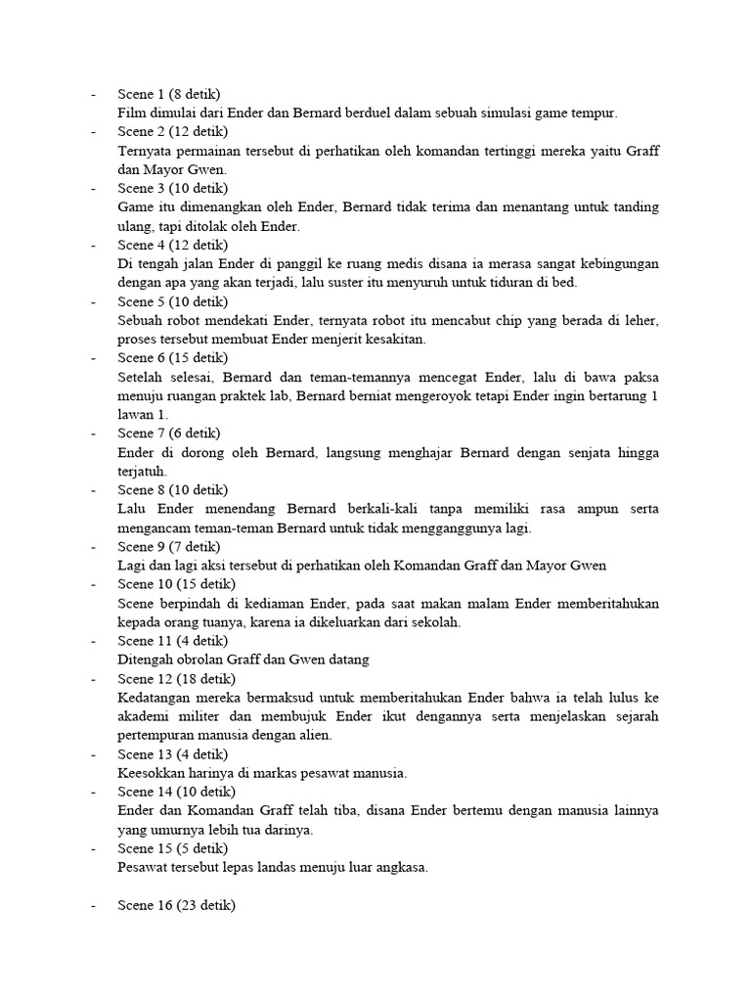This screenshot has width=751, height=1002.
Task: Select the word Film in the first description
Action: [x=130, y=114]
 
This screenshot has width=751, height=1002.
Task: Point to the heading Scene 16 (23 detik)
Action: [x=176, y=906]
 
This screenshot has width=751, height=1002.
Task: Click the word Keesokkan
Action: [x=153, y=773]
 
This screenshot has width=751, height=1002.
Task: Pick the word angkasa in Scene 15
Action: [x=400, y=867]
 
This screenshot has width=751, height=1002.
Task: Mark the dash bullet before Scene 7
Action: [x=94, y=433]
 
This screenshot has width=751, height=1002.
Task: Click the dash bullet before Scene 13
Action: [x=94, y=754]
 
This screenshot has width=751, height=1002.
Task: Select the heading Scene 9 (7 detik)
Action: [x=169, y=547]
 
